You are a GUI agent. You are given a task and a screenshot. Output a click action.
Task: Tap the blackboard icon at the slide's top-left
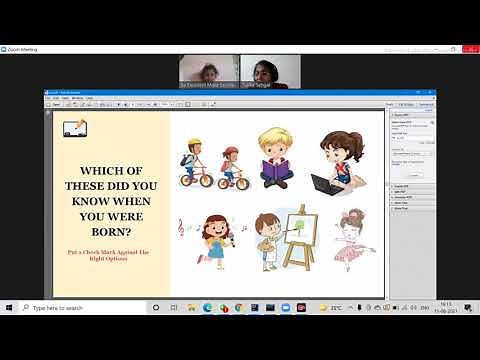pyautogui.click(x=74, y=129)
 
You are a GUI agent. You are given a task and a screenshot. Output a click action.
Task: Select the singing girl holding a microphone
pyautogui.click(x=216, y=238)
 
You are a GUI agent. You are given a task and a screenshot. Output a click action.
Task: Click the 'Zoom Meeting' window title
pyautogui.click(x=22, y=47)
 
